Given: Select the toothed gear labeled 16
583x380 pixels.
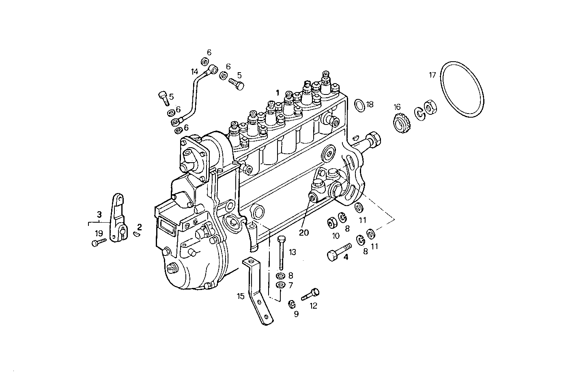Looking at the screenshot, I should (x=401, y=122).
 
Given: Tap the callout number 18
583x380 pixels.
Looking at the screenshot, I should (x=370, y=104).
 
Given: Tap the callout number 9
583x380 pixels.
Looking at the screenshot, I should (x=296, y=314).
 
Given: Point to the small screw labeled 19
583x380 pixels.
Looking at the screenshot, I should (x=99, y=243).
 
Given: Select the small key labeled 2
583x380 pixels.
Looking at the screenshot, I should (x=137, y=234).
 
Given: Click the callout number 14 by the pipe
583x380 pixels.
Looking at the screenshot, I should (x=195, y=71).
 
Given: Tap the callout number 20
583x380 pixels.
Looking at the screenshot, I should (x=304, y=232).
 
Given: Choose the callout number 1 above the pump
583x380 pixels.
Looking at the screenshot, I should (x=278, y=92).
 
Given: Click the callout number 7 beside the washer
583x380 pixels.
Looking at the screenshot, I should (x=290, y=285).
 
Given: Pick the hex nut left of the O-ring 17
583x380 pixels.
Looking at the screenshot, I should (x=429, y=108).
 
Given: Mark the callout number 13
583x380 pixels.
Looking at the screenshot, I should (x=293, y=252).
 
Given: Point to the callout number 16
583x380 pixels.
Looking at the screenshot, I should (x=397, y=107).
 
